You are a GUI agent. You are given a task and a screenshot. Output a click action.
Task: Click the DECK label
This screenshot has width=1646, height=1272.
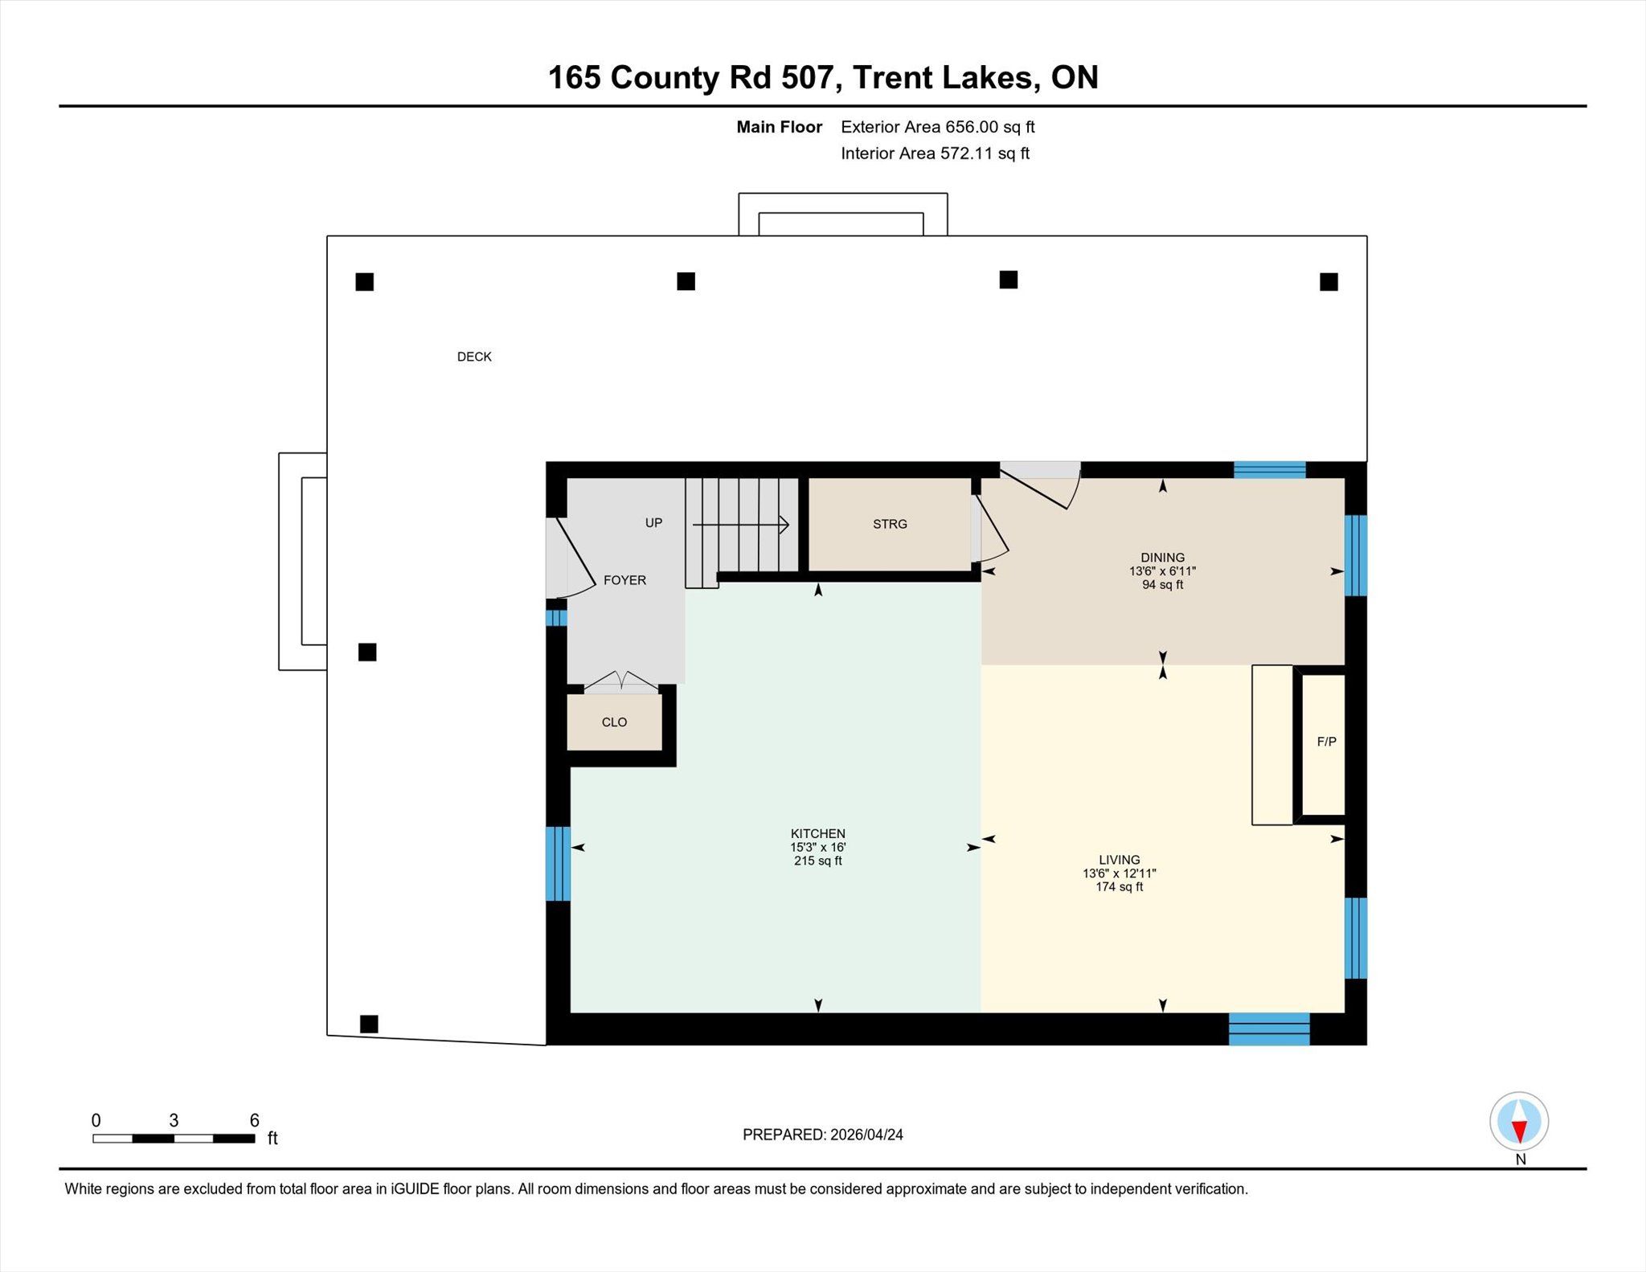(474, 357)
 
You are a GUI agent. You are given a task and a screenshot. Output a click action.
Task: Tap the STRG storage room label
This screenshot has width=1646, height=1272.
(890, 524)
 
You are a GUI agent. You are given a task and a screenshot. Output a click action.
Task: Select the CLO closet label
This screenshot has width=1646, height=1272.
(614, 722)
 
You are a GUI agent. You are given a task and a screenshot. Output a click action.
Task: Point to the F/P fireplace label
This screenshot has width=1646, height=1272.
(1326, 742)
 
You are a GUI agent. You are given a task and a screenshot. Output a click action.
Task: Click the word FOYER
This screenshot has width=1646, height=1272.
(624, 580)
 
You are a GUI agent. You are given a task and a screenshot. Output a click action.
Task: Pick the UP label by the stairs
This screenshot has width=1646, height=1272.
(653, 523)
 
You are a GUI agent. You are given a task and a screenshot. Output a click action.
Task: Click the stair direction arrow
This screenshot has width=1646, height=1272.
(740, 525)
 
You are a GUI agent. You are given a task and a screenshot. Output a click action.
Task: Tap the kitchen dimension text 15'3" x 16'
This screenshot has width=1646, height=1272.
(818, 847)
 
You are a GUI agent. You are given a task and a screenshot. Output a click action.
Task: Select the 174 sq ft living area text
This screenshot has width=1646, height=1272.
(1119, 887)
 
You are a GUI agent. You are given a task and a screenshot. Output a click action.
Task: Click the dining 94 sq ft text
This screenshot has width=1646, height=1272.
(1162, 585)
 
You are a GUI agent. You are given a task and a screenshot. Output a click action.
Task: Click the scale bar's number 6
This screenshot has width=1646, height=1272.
(254, 1120)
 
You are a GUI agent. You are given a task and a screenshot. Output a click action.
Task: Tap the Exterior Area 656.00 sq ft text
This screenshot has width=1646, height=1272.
(937, 127)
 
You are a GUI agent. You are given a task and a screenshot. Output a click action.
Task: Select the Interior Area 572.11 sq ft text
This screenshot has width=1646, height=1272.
(935, 153)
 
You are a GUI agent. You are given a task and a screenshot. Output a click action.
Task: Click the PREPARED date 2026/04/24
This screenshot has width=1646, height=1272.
(866, 1135)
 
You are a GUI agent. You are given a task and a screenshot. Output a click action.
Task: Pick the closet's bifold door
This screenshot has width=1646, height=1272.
(621, 681)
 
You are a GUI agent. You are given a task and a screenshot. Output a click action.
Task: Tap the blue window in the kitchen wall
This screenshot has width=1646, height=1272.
(558, 864)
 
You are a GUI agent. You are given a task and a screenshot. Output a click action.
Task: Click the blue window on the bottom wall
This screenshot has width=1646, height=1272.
(1269, 1029)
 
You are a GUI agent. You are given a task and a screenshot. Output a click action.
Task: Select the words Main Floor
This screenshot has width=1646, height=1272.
(779, 127)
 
